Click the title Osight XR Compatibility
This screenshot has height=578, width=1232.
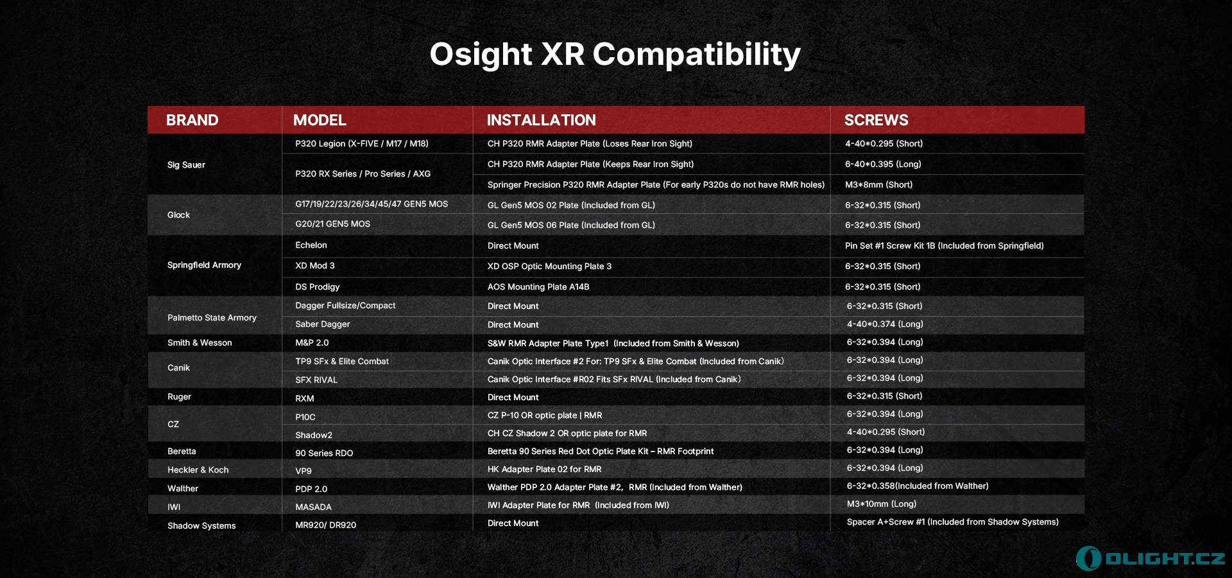coord(615,55)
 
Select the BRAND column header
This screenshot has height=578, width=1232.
coord(192,120)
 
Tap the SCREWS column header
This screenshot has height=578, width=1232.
coord(876,120)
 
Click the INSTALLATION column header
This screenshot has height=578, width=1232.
coord(541,120)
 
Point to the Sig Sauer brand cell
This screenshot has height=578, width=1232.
coord(186,165)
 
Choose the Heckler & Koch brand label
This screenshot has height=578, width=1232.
coord(198,470)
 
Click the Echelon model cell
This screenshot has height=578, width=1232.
coord(311,245)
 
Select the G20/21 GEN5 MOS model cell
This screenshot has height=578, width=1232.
coord(332,224)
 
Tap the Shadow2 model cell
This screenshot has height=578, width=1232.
coord(314,435)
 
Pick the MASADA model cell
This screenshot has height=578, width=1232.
coord(313,507)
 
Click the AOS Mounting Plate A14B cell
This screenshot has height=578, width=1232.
coord(538,287)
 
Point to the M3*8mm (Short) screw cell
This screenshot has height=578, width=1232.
coord(878,185)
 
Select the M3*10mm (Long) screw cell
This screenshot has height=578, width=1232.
coord(881,504)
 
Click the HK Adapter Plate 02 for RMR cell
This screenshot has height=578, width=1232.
coord(544,469)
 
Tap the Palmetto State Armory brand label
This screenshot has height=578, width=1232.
coord(212,318)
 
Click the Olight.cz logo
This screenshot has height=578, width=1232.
coord(1151,558)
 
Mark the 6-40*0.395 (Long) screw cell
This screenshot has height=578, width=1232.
coord(883,164)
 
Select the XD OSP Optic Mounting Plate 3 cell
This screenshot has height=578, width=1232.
coord(549,267)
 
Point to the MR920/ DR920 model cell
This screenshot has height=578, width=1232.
coord(325,525)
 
